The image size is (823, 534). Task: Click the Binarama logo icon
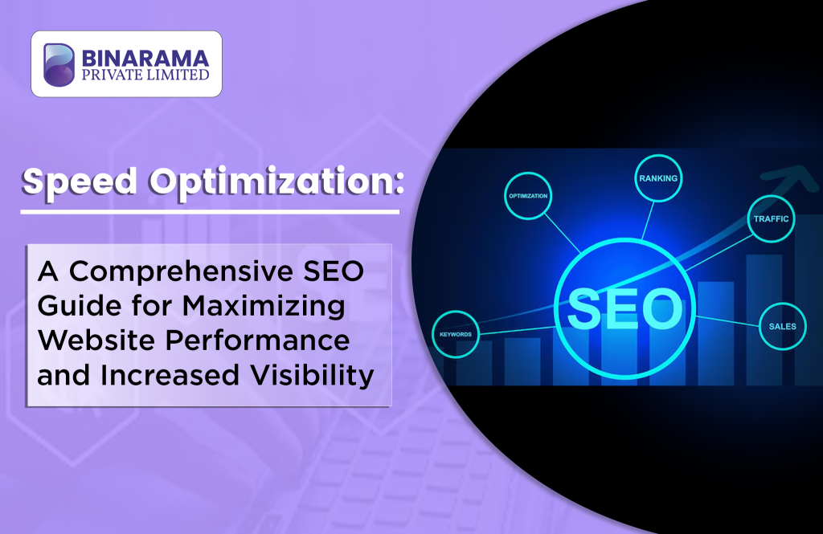[x=59, y=64]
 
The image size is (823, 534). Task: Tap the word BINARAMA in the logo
[x=145, y=59]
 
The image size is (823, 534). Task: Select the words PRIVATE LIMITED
[x=145, y=75]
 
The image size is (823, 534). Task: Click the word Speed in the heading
[x=80, y=182]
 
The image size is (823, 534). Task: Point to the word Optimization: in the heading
[x=276, y=182]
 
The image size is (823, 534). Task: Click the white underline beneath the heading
[x=210, y=212]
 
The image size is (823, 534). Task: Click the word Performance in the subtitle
[x=258, y=340]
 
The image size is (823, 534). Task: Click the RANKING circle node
[x=658, y=178]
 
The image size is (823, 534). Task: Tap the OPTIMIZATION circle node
[x=528, y=196]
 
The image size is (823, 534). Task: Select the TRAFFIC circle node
[x=771, y=218]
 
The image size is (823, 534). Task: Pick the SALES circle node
[x=783, y=326]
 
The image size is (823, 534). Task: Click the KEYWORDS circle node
[x=456, y=334]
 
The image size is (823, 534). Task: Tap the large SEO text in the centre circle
[x=624, y=308]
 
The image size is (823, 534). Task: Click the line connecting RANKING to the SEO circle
[x=649, y=220]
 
